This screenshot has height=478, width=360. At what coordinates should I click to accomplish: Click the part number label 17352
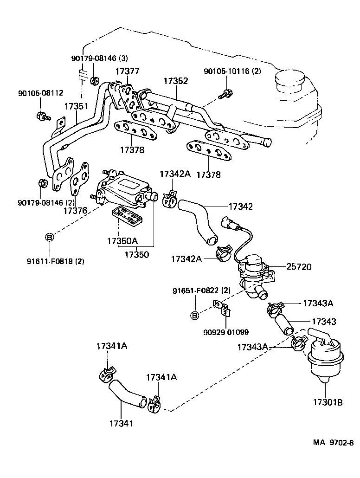175,81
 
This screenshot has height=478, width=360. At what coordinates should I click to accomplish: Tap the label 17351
76,106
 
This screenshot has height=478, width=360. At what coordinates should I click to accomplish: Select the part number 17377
127,71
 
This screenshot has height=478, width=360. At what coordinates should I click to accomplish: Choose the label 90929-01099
226,332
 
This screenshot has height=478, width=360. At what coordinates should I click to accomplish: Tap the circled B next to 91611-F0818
49,238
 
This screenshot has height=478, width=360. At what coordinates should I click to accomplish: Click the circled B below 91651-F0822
195,316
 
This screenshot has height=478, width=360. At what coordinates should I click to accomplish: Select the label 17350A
122,241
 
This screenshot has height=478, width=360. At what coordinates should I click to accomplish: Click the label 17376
76,211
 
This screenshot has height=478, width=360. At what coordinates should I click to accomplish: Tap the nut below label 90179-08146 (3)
94,81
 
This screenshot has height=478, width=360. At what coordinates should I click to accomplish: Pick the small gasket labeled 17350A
127,216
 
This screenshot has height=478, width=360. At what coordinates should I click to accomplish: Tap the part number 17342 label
240,207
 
